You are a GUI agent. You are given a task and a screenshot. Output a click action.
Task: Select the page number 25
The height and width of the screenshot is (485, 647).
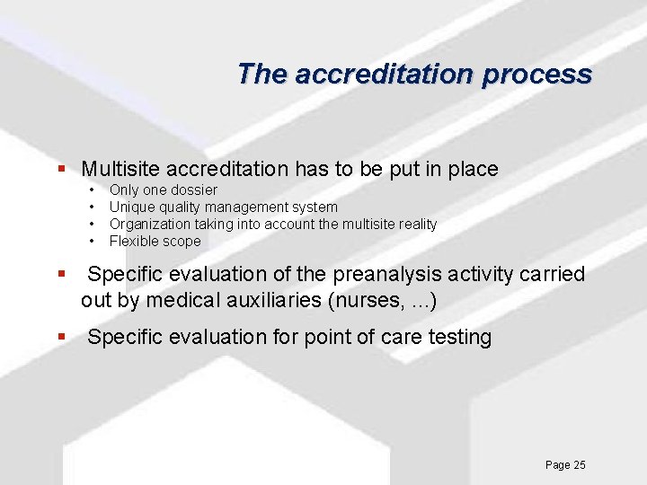coord(579,464)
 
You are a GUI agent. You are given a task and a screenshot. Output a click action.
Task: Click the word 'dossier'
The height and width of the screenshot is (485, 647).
coord(195,190)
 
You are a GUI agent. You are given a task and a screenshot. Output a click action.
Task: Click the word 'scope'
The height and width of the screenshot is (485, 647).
coord(182,241)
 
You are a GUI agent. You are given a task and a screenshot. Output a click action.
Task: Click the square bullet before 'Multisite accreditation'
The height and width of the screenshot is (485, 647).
coord(61,169)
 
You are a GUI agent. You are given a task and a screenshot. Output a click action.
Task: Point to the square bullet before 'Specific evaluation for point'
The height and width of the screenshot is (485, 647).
coord(61,338)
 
